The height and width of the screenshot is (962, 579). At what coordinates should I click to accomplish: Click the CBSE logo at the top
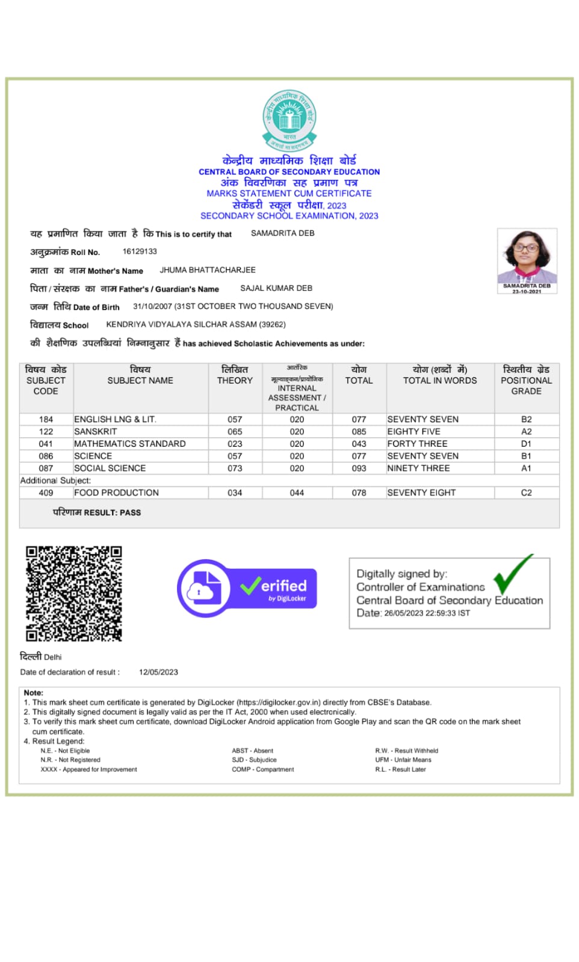pos(289,120)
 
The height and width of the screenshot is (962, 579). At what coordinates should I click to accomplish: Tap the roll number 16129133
pos(140,251)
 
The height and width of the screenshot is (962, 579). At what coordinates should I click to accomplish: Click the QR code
pos(73,593)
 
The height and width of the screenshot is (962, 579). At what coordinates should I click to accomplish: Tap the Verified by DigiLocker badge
pos(247,588)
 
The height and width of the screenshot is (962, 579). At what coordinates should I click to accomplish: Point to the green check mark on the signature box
pos(512,574)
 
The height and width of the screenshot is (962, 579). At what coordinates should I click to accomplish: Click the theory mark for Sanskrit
pos(235,432)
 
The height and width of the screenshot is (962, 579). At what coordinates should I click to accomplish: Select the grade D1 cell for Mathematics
pos(526,444)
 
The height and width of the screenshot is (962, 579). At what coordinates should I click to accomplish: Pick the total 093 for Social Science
pos(359,468)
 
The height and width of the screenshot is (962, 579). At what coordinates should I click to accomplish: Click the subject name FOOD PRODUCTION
pos(116,492)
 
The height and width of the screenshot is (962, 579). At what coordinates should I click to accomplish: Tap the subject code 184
pos(46,419)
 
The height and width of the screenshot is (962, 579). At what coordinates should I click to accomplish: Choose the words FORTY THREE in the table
pos(417,444)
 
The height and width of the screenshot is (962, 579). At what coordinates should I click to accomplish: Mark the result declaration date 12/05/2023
pos(158,672)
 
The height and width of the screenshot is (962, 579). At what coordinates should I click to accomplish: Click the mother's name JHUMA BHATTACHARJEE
pos(208,270)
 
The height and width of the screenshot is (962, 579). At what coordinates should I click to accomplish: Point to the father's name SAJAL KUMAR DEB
pos(276,288)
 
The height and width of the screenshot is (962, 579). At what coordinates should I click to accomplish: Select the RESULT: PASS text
pos(97,513)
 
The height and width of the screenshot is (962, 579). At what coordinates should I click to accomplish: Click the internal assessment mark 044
pos(297,492)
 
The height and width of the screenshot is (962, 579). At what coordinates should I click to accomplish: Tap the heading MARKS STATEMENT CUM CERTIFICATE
pos(289,194)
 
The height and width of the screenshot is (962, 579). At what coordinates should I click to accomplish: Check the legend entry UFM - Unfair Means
pos(403,760)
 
